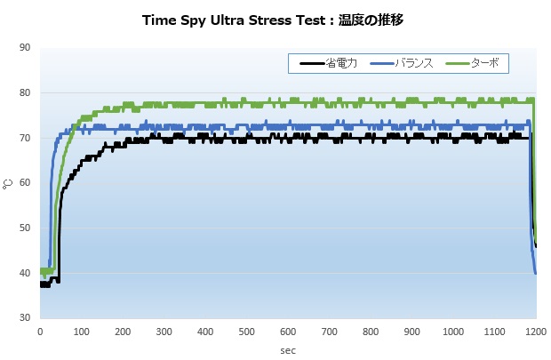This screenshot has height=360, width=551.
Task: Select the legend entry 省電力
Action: click(x=340, y=63)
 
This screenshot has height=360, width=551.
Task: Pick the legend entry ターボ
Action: click(x=484, y=63)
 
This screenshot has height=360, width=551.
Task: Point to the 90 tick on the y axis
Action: click(x=23, y=48)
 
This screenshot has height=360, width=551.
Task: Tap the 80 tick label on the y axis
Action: click(x=23, y=93)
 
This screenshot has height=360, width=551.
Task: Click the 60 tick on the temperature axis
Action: click(x=23, y=183)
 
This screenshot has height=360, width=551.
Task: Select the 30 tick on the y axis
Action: click(x=23, y=317)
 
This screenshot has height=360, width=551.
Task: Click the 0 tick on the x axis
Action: click(x=40, y=332)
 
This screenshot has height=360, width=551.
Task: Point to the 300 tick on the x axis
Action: click(x=164, y=332)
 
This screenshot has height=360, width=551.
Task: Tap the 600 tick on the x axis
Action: click(x=288, y=332)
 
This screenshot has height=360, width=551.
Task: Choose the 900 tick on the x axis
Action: click(x=411, y=332)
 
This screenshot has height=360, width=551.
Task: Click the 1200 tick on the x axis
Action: click(x=535, y=332)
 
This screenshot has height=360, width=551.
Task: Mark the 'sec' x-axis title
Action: click(x=287, y=350)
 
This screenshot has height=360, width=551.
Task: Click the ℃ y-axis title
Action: click(x=7, y=183)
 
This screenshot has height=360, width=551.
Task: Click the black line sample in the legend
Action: click(x=312, y=63)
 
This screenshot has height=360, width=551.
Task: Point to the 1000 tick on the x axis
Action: click(x=452, y=332)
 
